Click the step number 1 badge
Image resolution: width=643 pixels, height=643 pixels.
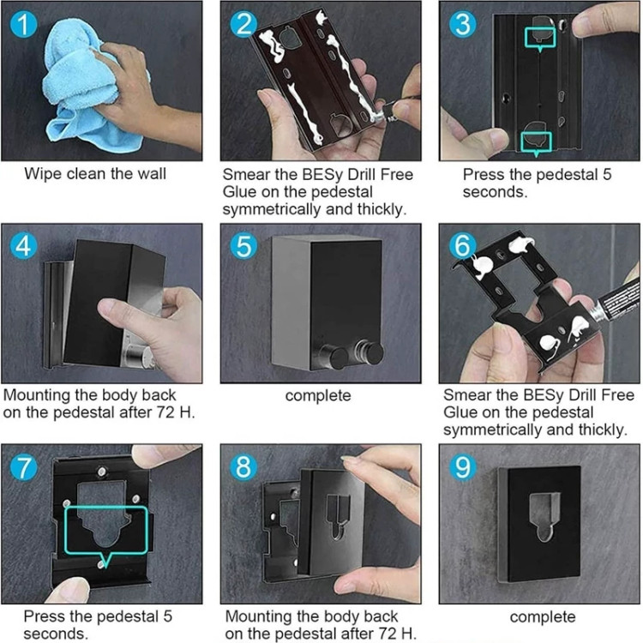(23, 24)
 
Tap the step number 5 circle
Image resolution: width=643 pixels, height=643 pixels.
(243, 246)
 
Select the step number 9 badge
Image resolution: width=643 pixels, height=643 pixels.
(463, 467)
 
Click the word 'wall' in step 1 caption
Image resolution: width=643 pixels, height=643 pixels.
(151, 173)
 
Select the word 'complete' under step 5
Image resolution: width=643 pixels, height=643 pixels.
(318, 396)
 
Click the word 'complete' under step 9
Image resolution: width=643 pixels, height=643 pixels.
(543, 617)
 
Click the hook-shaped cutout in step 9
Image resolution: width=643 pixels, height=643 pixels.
(544, 516)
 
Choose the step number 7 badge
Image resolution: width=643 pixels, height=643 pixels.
(23, 467)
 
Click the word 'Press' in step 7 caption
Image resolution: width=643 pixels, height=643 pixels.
(45, 616)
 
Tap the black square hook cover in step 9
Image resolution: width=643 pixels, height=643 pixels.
(541, 524)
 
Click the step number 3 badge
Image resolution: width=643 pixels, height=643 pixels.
(463, 24)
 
